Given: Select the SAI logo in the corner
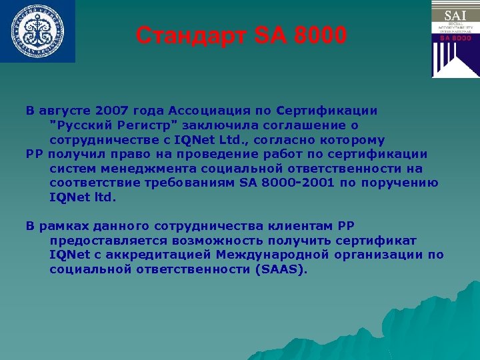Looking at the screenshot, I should click(x=455, y=39).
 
